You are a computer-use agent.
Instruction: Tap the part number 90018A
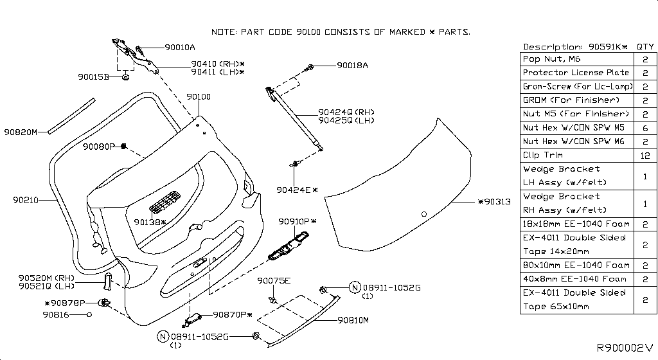(352, 66)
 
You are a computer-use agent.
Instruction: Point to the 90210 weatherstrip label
(25, 200)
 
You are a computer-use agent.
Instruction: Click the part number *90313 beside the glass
(493, 202)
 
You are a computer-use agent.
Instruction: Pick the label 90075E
(274, 281)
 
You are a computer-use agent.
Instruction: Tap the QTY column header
(645, 46)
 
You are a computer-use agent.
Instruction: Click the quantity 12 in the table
(645, 155)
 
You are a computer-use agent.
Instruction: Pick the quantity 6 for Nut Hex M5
(645, 127)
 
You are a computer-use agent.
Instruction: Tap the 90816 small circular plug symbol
(89, 314)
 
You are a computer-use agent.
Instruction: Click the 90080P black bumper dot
(122, 147)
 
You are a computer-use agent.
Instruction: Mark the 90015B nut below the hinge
(125, 77)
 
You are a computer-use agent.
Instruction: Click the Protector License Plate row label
(576, 73)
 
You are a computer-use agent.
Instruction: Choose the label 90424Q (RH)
(346, 112)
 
